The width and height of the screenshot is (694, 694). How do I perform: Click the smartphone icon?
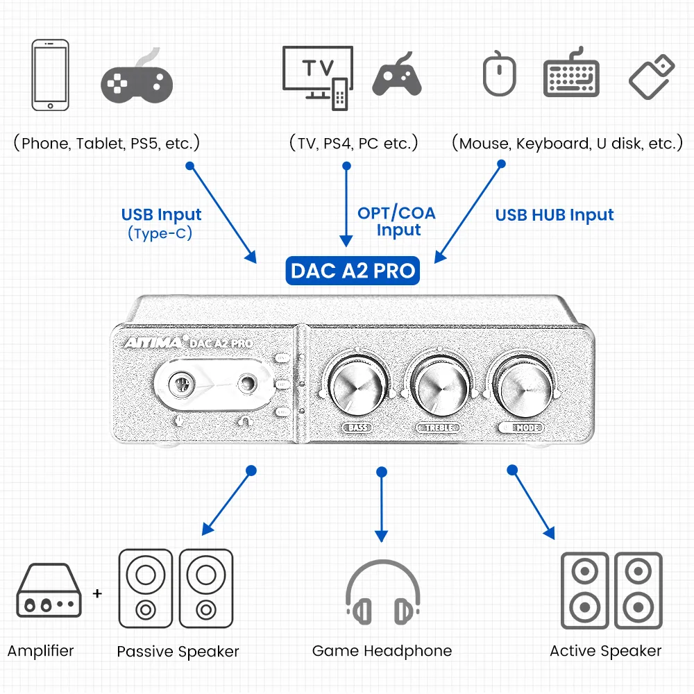pyautogui.click(x=51, y=75)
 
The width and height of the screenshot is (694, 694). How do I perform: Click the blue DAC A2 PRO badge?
pyautogui.click(x=353, y=270)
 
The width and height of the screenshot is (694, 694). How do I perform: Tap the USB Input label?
pyautogui.click(x=161, y=214)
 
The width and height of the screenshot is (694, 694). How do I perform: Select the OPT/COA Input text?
pyautogui.click(x=397, y=221)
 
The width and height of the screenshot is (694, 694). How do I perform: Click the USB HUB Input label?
pyautogui.click(x=555, y=215)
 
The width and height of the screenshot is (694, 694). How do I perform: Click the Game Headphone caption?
pyautogui.click(x=382, y=651)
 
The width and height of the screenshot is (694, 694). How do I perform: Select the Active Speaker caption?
pyautogui.click(x=605, y=651)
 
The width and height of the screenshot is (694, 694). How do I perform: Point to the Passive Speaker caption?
pyautogui.click(x=178, y=652)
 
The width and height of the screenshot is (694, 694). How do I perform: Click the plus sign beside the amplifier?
pyautogui.click(x=97, y=593)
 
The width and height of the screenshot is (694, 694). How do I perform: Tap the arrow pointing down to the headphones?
pyautogui.click(x=380, y=507)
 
